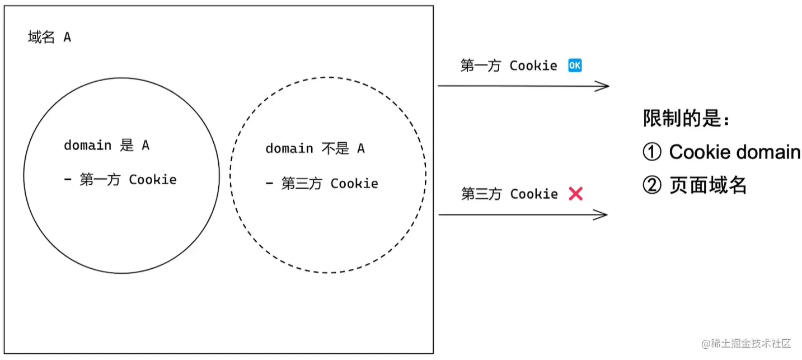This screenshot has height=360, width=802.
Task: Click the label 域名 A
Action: click(49, 38)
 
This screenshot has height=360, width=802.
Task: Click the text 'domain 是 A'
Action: click(106, 146)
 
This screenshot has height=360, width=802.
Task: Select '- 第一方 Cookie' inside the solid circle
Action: click(120, 180)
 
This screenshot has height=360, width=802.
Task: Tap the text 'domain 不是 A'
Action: click(315, 148)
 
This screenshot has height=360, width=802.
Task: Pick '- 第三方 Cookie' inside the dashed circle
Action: click(321, 184)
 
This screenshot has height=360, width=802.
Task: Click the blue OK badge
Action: click(575, 66)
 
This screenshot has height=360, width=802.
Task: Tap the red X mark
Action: click(575, 194)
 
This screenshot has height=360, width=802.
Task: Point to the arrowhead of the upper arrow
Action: click(604, 86)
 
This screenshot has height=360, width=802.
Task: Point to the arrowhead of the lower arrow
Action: click(603, 214)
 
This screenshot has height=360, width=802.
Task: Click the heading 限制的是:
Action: click(686, 119)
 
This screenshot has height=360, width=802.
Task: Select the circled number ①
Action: click(652, 152)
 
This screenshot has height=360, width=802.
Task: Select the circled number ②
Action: click(652, 185)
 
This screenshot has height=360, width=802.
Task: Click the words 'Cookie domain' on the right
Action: click(734, 152)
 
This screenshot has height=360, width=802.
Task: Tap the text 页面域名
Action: click(708, 185)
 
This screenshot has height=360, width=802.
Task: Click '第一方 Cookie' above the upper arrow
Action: click(509, 66)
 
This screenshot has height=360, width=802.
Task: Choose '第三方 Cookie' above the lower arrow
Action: click(509, 194)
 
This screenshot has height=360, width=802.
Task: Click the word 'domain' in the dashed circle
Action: click(289, 148)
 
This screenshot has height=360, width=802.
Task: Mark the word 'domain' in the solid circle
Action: click(87, 146)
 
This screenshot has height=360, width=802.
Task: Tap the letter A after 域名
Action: click(67, 38)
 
